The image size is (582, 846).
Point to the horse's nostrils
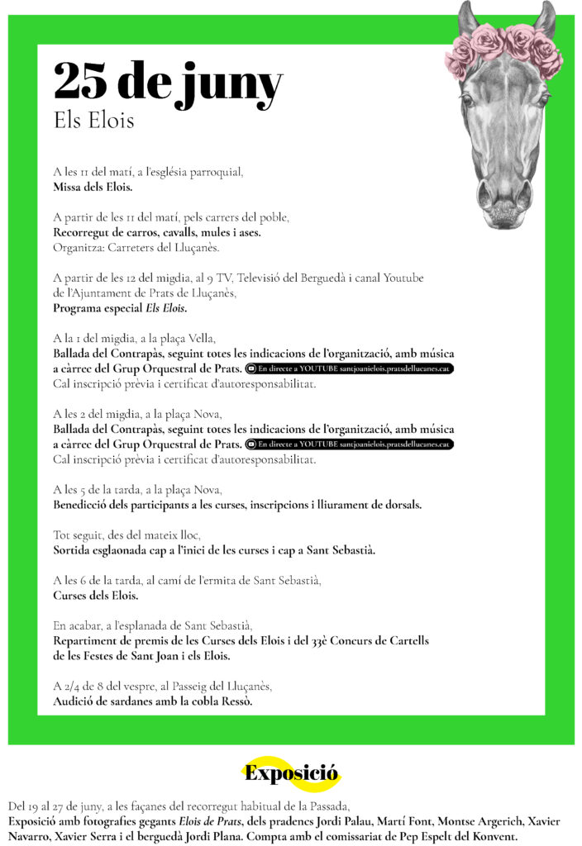pyautogui.click(x=503, y=198)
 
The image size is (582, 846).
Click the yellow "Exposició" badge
pyautogui.click(x=291, y=774)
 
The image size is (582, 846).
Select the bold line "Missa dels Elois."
pyautogui.click(x=93, y=188)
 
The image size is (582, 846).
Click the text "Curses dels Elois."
pyautogui.click(x=96, y=595)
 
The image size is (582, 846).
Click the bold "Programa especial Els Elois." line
pyautogui.click(x=120, y=308)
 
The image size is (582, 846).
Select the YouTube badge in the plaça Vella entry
pyautogui.click(x=350, y=368)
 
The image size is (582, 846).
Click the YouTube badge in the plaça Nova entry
pyautogui.click(x=350, y=444)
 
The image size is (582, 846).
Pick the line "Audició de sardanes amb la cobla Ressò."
pyautogui.click(x=153, y=701)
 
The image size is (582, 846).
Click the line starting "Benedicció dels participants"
pyautogui.click(x=237, y=504)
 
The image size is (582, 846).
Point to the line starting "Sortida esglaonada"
pyautogui.click(x=214, y=549)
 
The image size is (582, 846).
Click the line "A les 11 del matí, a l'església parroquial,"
pyautogui.click(x=148, y=173)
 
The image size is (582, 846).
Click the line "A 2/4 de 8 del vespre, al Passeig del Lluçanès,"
pyautogui.click(x=162, y=687)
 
